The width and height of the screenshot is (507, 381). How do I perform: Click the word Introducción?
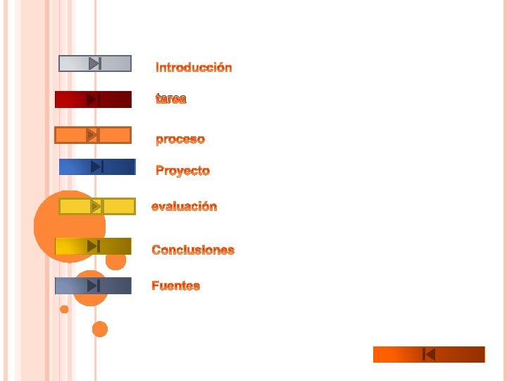pyautogui.click(x=194, y=68)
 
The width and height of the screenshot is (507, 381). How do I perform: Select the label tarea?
pyautogui.click(x=171, y=99)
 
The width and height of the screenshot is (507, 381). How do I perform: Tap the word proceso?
pyautogui.click(x=180, y=139)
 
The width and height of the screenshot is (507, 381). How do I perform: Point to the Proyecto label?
pyautogui.click(x=182, y=171)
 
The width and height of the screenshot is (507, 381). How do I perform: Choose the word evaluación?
pyautogui.click(x=184, y=207)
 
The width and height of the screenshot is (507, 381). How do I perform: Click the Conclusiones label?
pyautogui.click(x=193, y=250)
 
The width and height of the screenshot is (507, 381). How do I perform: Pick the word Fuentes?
pyautogui.click(x=176, y=286)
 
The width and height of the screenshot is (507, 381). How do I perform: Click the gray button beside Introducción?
pyautogui.click(x=94, y=64)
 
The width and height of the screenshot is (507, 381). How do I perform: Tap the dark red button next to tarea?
pyautogui.click(x=93, y=99)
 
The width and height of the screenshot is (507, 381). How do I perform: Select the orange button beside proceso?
pyautogui.click(x=93, y=135)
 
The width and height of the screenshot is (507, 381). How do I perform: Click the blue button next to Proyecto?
pyautogui.click(x=97, y=167)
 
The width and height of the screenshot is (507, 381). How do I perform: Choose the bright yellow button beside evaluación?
pyautogui.click(x=96, y=206)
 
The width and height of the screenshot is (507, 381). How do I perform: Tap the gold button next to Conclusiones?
pyautogui.click(x=93, y=246)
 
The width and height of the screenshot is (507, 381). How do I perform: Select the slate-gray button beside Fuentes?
pyautogui.click(x=93, y=286)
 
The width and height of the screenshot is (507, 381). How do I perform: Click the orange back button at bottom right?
pyautogui.click(x=429, y=354)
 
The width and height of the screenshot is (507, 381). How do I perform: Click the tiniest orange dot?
pyautogui.click(x=64, y=309)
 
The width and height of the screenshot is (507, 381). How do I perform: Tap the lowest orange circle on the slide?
pyautogui.click(x=100, y=329)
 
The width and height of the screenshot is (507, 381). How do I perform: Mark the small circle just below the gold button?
pyautogui.click(x=116, y=261)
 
